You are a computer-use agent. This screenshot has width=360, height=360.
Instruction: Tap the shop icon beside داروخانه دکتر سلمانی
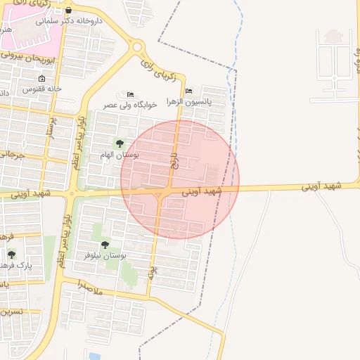tap(67, 11)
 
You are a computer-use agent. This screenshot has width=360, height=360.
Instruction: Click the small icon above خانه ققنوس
tap(41, 79)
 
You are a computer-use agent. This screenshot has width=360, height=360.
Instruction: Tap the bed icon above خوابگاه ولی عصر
tap(130, 94)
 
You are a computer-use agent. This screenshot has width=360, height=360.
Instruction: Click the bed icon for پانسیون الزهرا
tap(188, 91)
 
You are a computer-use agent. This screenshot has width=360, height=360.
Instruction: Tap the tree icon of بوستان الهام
tap(119, 143)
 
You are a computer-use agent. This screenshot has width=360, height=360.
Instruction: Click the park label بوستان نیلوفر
tap(105, 255)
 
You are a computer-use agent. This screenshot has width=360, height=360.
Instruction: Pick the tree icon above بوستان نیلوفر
tap(105, 245)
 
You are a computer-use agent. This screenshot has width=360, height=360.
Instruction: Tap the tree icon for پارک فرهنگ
tap(11, 255)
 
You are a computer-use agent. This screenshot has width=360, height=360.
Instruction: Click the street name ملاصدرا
tap(88, 288)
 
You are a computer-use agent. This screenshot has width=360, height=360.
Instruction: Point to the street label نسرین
tap(12, 311)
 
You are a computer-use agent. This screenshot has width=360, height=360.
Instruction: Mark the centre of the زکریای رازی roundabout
tap(137, 47)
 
